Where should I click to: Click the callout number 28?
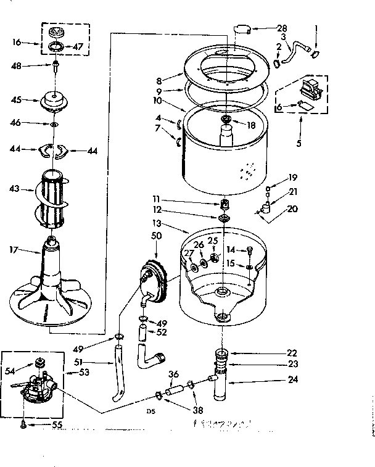pyautogui.click(x=282, y=28)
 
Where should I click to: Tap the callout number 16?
pyautogui.click(x=17, y=42)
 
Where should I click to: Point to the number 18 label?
pyautogui.click(x=250, y=125)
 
